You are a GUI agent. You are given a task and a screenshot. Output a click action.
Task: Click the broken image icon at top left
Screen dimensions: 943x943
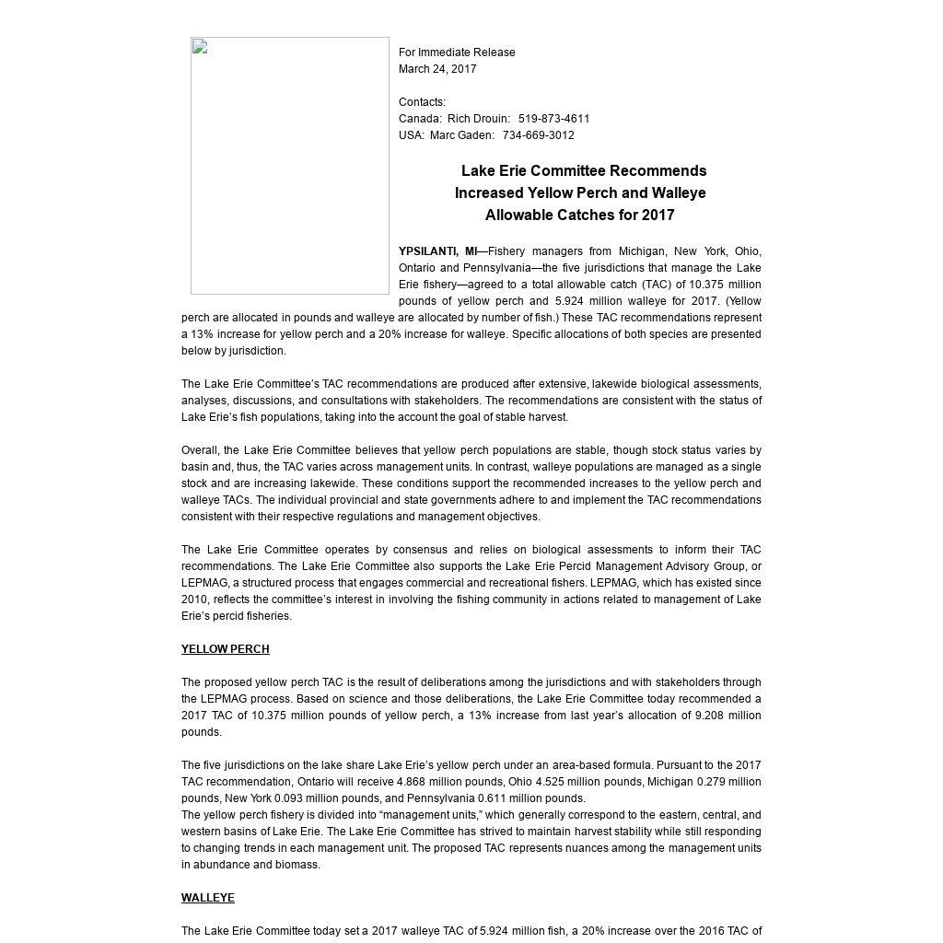pyautogui.click(x=200, y=48)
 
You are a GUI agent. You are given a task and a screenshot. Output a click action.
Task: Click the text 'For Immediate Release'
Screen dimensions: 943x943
pyautogui.click(x=457, y=52)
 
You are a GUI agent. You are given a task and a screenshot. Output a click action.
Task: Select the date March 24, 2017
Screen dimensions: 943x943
pyautogui.click(x=437, y=69)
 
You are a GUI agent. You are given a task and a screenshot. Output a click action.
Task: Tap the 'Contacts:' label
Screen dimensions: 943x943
pyautogui.click(x=422, y=102)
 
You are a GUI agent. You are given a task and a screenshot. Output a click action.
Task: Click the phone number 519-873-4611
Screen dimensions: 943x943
pyautogui.click(x=553, y=119)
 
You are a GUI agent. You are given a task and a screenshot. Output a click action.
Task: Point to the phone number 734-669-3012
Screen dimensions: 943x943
pyautogui.click(x=538, y=135)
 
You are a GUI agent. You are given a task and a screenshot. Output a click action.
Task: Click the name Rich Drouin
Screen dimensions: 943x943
pyautogui.click(x=478, y=119)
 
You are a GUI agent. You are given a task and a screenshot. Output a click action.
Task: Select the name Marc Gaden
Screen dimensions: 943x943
pyautogui.click(x=461, y=135)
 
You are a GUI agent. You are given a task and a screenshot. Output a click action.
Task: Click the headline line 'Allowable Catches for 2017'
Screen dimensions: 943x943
pyautogui.click(x=579, y=215)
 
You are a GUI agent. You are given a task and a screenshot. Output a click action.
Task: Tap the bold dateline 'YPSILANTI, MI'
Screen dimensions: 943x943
pyautogui.click(x=437, y=251)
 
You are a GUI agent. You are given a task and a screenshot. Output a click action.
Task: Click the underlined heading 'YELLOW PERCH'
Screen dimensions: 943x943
pyautogui.click(x=225, y=649)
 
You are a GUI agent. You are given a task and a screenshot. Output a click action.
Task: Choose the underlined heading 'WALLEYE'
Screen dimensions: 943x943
pyautogui.click(x=207, y=898)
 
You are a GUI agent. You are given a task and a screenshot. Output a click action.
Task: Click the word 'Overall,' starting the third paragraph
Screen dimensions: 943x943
pyautogui.click(x=201, y=450)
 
